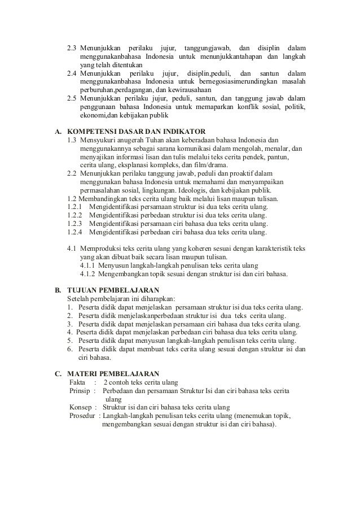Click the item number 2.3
click(72, 46)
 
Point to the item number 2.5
click(72, 99)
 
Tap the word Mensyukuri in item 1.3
click(101, 140)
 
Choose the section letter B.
click(57, 290)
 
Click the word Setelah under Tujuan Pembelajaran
click(79, 298)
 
